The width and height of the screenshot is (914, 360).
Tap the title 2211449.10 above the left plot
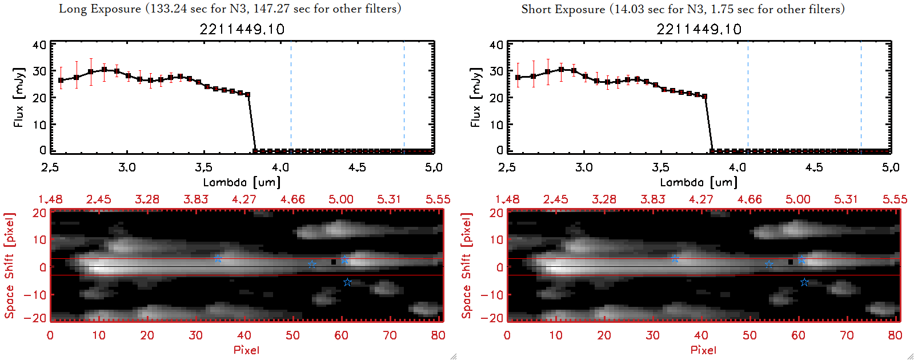pos(242,29)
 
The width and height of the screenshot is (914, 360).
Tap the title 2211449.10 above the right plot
pos(699,29)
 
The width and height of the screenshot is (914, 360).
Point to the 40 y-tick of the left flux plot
pos(39,45)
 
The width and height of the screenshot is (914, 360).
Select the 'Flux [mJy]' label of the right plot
pos(476,97)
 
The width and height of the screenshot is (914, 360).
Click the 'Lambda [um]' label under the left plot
pos(242,182)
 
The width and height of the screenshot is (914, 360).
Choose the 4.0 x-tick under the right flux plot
pos(737,167)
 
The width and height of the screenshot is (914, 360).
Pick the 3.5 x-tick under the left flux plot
pos(203,167)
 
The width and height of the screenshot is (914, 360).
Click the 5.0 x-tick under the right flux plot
pos(891,167)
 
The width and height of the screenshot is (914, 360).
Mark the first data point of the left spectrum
pos(61,81)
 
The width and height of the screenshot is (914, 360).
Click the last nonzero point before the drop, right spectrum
pos(705,97)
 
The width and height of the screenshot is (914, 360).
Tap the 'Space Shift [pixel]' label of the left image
pos(9,266)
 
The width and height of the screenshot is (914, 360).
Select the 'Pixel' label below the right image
pos(703,350)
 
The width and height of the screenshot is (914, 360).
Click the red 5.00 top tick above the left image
pos(341,199)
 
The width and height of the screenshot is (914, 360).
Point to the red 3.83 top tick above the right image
pos(652,199)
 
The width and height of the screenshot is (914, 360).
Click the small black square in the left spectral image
pos(334,262)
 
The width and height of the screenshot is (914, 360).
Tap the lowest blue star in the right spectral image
pos(804,282)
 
